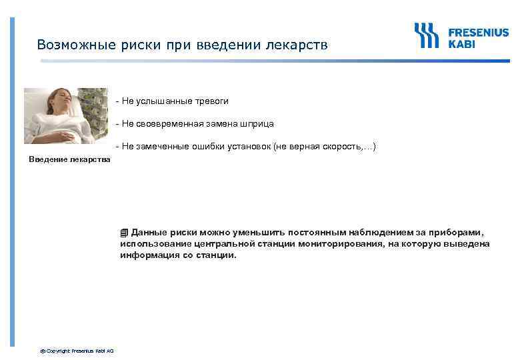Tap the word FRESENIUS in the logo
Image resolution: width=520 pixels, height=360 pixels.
478,32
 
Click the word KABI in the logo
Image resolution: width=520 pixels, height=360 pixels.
461,44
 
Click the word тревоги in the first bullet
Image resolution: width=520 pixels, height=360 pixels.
211,101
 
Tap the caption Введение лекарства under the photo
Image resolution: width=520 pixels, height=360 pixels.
70,159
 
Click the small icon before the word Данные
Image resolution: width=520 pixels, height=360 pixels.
124,233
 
